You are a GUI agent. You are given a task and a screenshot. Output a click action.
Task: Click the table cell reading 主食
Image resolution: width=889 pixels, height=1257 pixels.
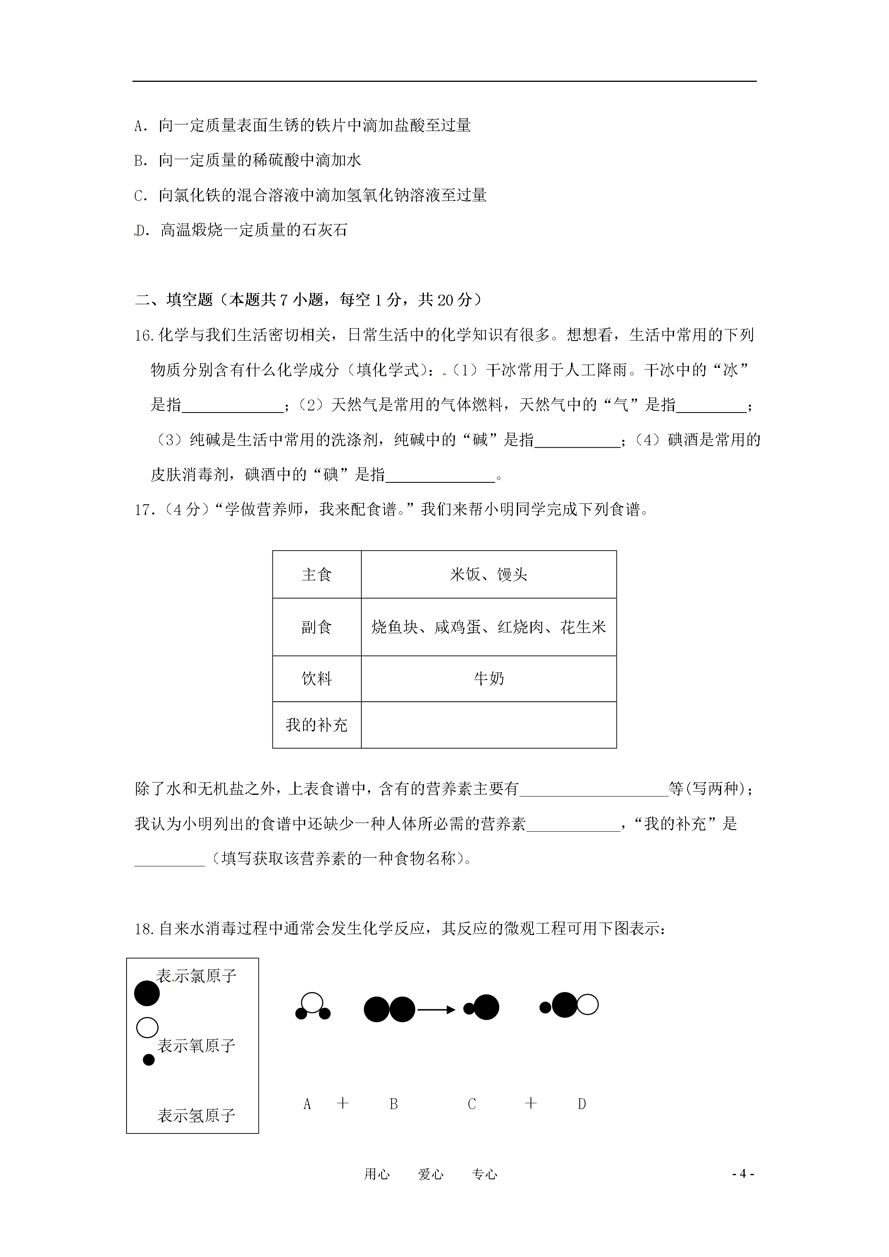tap(317, 575)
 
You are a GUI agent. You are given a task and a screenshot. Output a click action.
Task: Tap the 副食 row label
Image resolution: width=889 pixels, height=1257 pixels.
tap(317, 627)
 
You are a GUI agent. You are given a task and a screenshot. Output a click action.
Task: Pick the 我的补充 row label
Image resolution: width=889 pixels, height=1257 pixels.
tap(317, 725)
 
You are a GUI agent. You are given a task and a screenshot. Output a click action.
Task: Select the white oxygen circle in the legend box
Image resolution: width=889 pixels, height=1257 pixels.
tap(147, 1028)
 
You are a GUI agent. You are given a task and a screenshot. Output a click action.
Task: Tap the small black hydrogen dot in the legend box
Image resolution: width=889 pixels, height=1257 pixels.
tap(148, 1060)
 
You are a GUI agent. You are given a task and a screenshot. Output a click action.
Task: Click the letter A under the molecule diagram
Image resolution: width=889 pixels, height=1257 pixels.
tap(307, 1104)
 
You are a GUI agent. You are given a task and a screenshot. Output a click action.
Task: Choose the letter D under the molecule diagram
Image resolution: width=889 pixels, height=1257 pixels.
tap(582, 1104)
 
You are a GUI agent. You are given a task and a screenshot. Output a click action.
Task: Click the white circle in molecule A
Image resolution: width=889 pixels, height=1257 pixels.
tap(312, 1002)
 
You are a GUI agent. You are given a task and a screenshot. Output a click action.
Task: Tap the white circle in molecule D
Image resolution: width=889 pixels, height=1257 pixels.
tap(588, 1005)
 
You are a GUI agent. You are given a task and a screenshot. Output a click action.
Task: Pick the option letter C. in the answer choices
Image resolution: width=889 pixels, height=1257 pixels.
tap(140, 196)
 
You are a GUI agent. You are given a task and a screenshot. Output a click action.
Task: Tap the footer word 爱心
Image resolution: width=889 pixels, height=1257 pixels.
tap(430, 1174)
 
